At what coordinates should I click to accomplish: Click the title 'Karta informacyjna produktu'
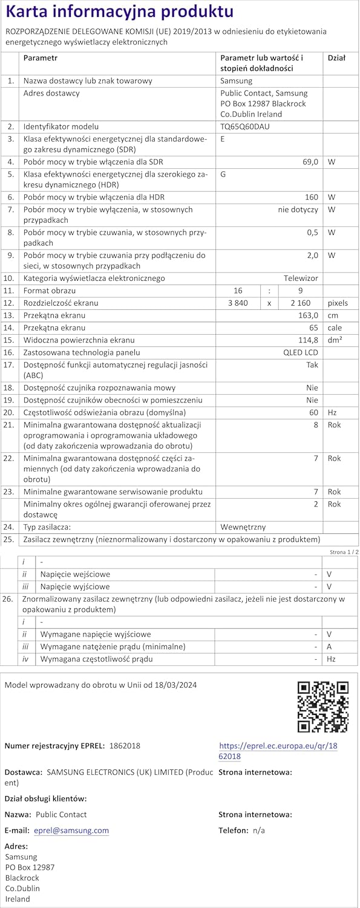[119, 12]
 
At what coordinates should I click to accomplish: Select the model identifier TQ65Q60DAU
[245, 127]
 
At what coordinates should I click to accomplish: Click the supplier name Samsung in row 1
[236, 81]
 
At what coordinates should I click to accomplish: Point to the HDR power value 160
[311, 197]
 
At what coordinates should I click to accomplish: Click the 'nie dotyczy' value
[298, 209]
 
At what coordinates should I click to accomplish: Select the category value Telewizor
[301, 278]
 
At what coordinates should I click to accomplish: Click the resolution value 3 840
[237, 303]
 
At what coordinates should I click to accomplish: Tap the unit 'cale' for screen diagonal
[335, 327]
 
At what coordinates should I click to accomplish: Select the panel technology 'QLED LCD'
[301, 352]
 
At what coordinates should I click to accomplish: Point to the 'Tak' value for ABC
[312, 365]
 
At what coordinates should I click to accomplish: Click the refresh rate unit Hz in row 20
[332, 412]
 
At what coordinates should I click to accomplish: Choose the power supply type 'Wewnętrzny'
[243, 527]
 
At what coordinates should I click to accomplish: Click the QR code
[323, 706]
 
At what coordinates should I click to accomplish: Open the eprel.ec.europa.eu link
[278, 751]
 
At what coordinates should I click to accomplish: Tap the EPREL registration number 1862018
[125, 746]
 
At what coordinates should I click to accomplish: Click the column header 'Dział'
[336, 58]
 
